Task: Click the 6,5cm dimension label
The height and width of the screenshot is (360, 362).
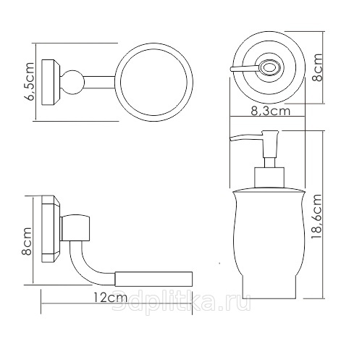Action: coord(30,81)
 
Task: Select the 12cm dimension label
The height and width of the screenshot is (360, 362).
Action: coord(110,298)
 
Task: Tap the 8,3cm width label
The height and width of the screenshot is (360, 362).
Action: coord(270,111)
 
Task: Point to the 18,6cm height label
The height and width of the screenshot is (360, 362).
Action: coord(316,217)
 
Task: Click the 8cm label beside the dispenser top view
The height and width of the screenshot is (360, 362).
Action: coord(317,67)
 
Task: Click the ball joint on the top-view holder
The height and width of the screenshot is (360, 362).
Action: coord(72,82)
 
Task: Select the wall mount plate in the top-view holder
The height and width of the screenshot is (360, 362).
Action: coord(51,82)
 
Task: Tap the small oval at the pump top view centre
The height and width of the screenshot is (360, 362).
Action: coord(269,67)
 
